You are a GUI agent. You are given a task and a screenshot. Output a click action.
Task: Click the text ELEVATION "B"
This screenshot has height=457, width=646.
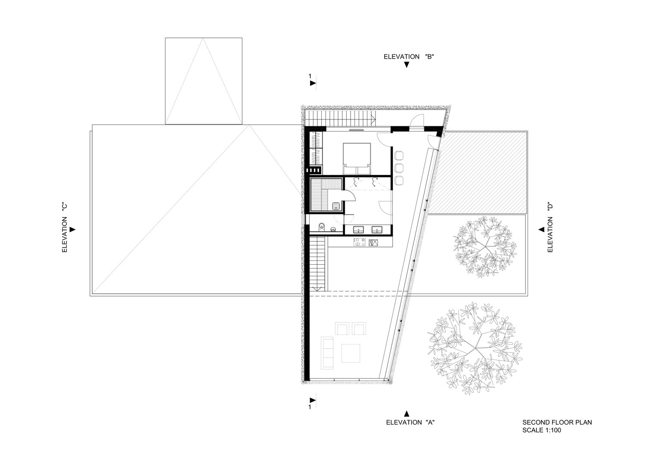(408, 56)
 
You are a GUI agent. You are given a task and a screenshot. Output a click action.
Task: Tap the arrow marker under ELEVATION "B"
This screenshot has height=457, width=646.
(406, 65)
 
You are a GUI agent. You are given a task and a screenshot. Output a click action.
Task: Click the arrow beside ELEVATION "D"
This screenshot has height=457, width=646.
(541, 230)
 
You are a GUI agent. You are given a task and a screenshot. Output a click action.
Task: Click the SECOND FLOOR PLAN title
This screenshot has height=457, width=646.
(557, 423)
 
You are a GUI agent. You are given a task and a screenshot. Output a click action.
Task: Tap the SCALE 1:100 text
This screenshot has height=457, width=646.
(541, 430)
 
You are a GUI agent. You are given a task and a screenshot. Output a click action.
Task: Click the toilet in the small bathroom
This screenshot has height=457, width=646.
(322, 227)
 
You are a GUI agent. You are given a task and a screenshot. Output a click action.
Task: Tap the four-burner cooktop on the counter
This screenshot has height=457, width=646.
(359, 243)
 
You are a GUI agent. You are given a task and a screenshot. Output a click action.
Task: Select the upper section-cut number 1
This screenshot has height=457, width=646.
(310, 76)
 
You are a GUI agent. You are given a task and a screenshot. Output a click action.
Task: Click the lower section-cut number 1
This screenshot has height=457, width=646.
(310, 406)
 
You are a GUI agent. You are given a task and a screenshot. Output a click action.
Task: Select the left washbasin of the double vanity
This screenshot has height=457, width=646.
(357, 229)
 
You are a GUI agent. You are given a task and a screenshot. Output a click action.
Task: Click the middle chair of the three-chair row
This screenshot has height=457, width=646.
(399, 167)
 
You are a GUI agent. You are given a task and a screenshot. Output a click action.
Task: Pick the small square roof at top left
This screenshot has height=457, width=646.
(203, 81)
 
